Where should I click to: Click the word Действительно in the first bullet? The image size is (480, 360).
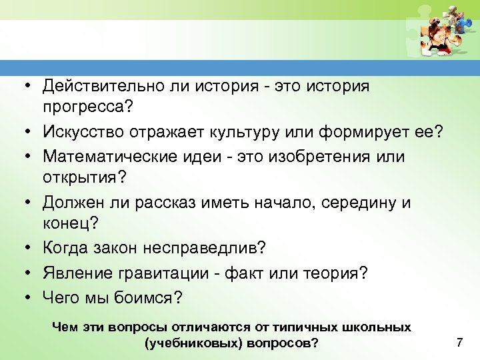click(97, 87)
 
